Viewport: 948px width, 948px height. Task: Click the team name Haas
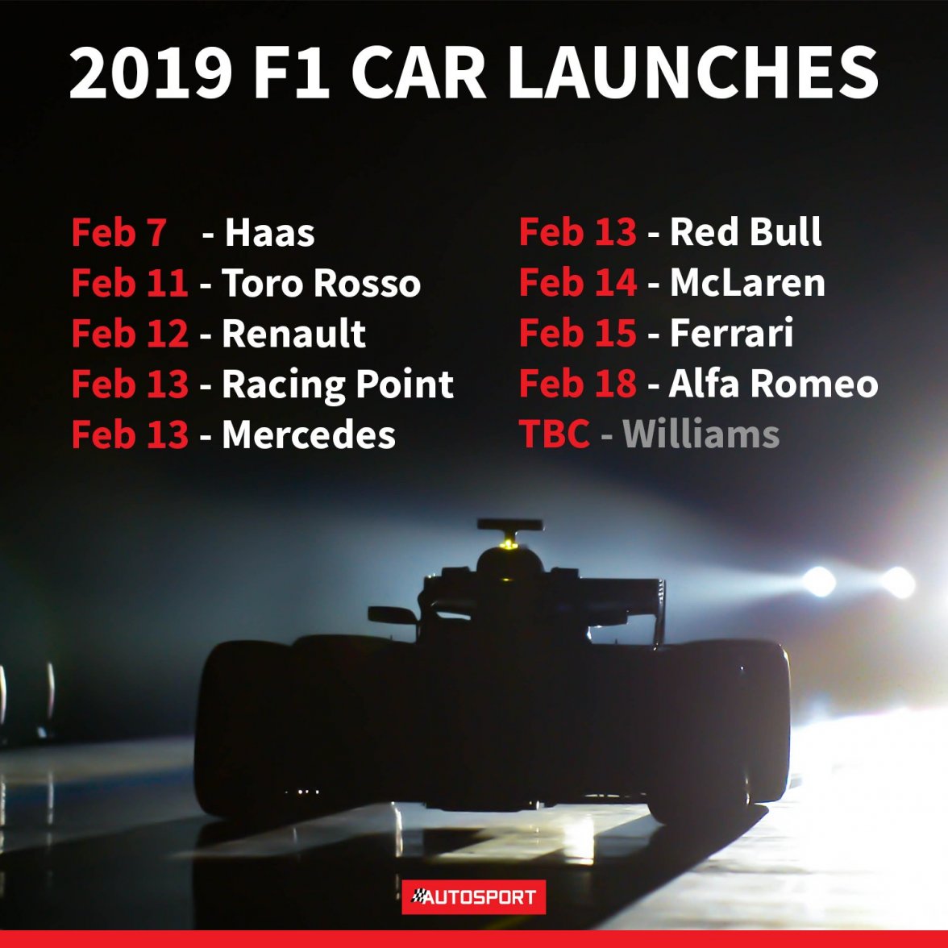pos(269,232)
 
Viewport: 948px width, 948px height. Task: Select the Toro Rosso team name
pos(321,283)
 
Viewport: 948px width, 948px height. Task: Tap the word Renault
pos(293,333)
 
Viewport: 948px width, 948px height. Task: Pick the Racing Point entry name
pos(338,385)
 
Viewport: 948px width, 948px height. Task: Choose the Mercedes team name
pos(309,434)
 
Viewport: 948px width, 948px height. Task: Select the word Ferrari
pos(732,333)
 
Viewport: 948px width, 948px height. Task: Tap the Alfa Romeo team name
pos(773,384)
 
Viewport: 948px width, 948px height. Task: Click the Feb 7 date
pos(119,232)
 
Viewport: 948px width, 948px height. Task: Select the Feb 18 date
pos(578,384)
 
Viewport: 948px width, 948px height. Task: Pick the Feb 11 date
pos(130,283)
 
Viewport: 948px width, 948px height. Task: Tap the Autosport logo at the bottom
pos(474,896)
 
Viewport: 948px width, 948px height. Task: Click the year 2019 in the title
pos(151,72)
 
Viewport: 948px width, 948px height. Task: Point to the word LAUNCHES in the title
pos(693,72)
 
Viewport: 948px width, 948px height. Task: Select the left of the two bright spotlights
pos(819,581)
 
